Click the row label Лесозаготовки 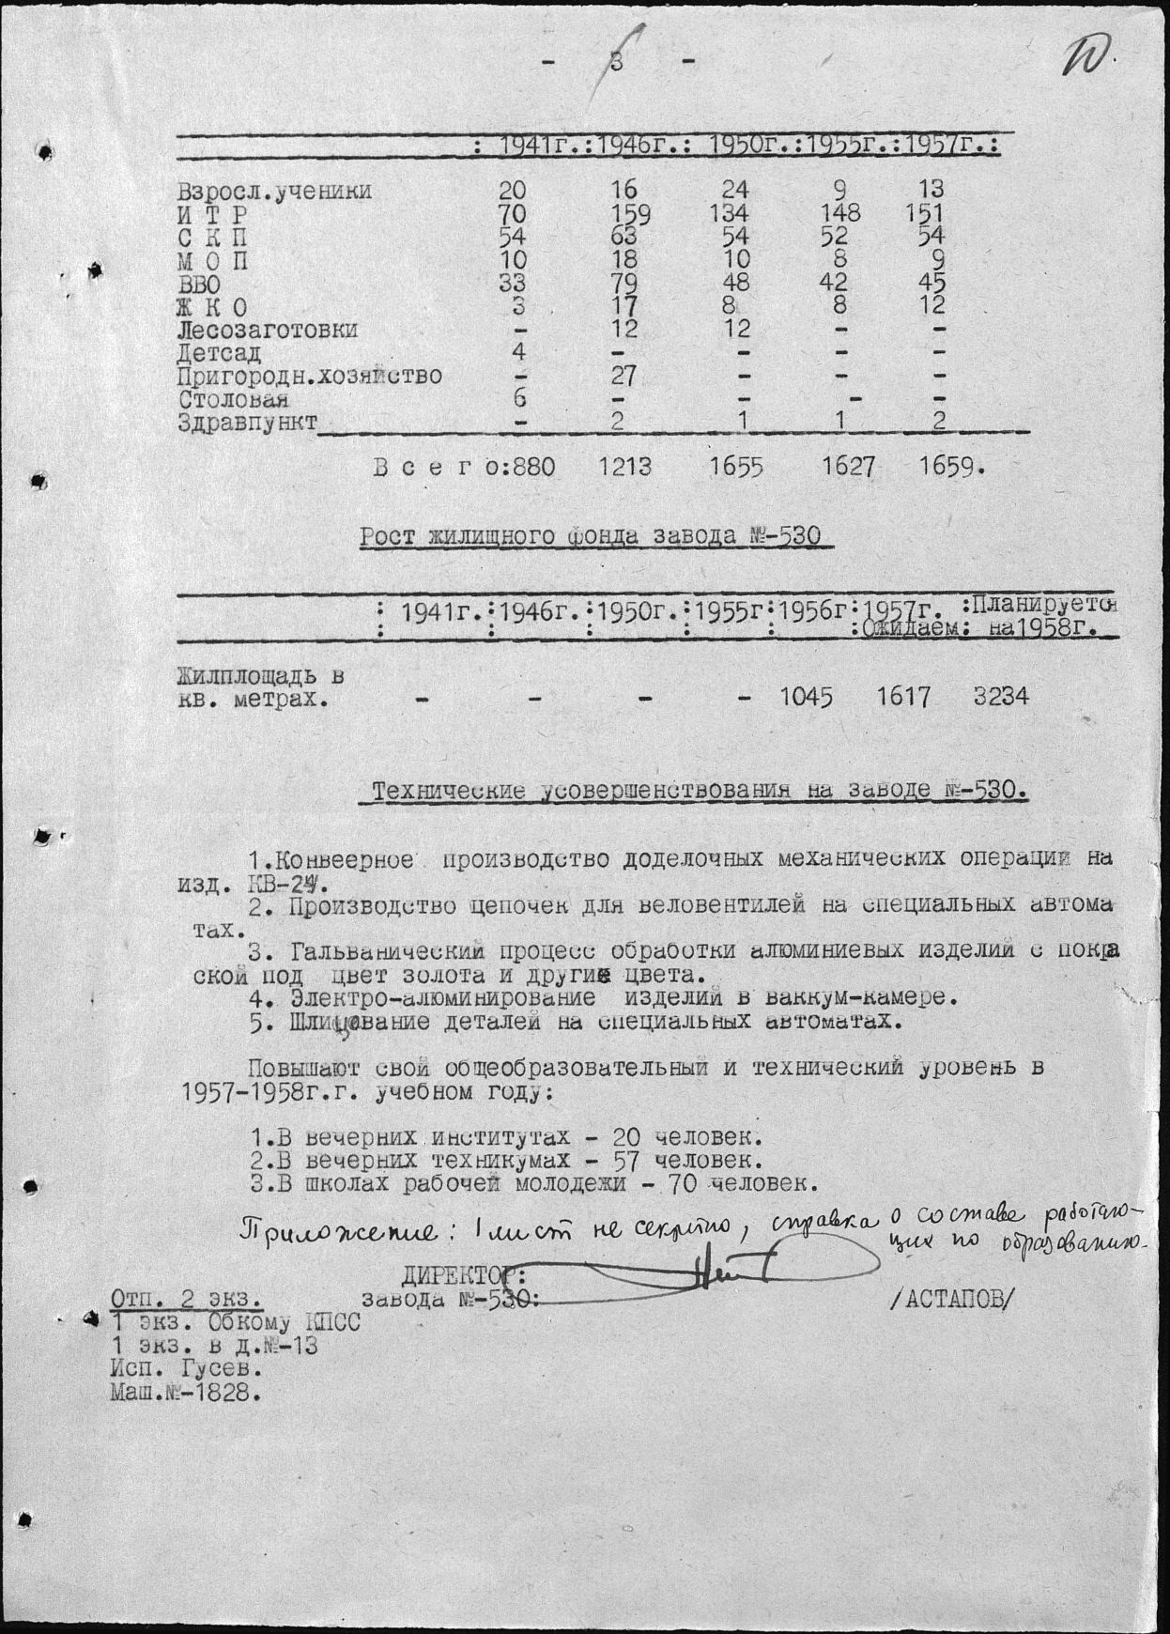(268, 331)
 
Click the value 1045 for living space (806, 697)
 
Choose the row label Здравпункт (247, 423)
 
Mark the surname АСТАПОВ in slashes (949, 1298)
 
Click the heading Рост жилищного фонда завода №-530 (591, 536)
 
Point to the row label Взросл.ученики (274, 192)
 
